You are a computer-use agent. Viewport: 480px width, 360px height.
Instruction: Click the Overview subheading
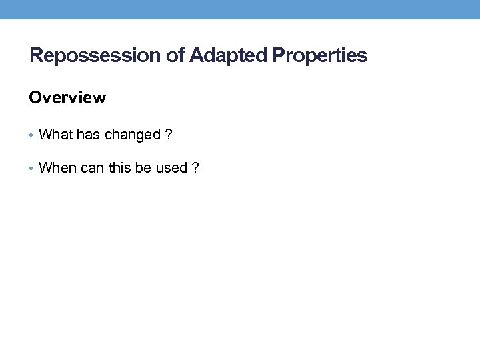tap(67, 98)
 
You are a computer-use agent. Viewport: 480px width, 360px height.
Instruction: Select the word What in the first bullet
tap(56, 135)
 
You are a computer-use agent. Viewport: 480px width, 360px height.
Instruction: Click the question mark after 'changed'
tap(169, 135)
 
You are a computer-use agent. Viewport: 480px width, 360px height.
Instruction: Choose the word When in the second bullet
tap(58, 168)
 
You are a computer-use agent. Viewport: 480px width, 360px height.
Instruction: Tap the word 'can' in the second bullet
tap(93, 168)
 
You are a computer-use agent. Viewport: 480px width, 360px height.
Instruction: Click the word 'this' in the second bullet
tap(121, 168)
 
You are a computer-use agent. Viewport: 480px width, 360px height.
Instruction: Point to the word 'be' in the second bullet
tap(143, 168)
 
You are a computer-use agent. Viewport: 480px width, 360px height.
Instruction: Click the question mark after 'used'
tap(195, 168)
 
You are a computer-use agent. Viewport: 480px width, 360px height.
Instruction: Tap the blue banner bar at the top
tap(240, 9)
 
